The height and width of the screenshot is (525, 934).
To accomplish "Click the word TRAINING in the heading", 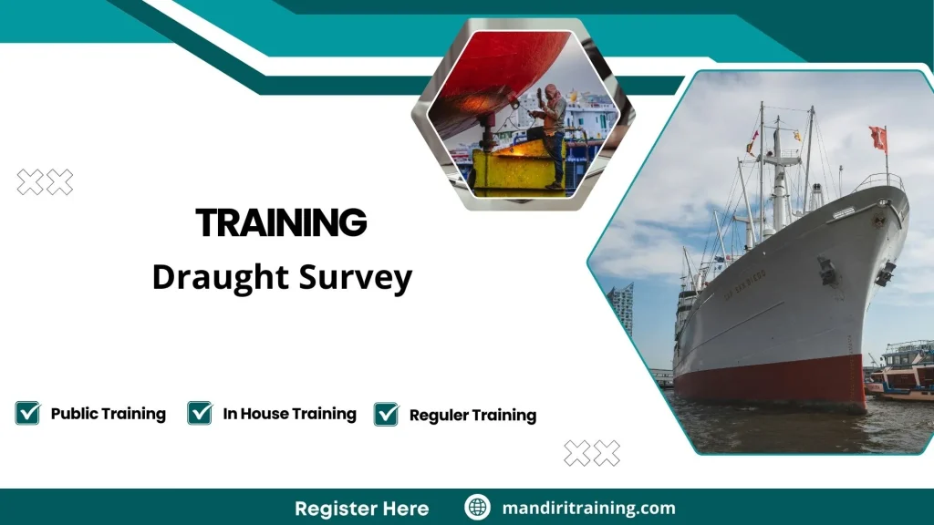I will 281,223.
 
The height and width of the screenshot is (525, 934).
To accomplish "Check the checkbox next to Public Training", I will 27,413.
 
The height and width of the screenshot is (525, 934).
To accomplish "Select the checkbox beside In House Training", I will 200,413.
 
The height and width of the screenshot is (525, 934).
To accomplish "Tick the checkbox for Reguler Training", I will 386,415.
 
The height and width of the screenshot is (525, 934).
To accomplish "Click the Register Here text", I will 361,509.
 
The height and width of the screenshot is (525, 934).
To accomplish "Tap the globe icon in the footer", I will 477,508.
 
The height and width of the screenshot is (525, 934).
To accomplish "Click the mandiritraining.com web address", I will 588,509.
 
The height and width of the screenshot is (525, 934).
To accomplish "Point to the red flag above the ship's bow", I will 878,138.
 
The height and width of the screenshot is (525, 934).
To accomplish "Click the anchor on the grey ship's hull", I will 828,271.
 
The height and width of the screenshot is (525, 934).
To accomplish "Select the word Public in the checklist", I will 73,414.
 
